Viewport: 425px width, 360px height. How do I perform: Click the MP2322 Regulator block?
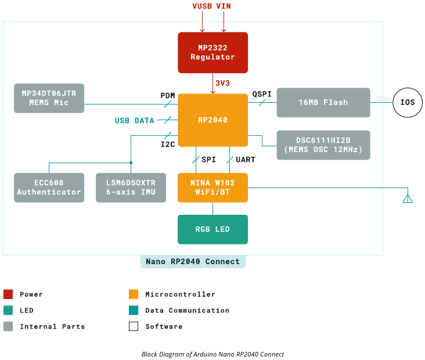coord(212,52)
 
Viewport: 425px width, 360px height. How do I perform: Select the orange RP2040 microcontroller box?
coord(212,120)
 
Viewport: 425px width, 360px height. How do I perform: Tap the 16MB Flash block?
coord(323,102)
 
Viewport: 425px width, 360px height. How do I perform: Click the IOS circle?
coord(407,102)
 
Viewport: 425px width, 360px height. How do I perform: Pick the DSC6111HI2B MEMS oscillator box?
coord(323,145)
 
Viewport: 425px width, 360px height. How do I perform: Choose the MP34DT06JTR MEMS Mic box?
coord(49,98)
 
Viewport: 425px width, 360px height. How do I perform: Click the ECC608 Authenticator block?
coord(49,188)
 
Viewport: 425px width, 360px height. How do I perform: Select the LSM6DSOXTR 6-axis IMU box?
coord(131,188)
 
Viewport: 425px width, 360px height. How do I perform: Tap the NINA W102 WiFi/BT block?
coord(212,188)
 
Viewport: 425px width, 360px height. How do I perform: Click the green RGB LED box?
coord(212,229)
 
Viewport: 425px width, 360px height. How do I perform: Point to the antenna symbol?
coord(408,198)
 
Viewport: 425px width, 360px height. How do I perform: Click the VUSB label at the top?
coord(203,6)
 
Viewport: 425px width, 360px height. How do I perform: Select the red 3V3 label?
coord(223,83)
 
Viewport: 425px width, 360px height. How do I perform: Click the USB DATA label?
coord(135,121)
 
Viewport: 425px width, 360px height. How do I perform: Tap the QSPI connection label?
coord(261,93)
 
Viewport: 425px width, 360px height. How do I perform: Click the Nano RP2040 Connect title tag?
coord(193,261)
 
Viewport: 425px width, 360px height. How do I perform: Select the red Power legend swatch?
coord(8,294)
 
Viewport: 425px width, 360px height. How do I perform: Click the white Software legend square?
coord(134,326)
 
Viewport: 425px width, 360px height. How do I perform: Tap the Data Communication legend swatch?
coord(134,311)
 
